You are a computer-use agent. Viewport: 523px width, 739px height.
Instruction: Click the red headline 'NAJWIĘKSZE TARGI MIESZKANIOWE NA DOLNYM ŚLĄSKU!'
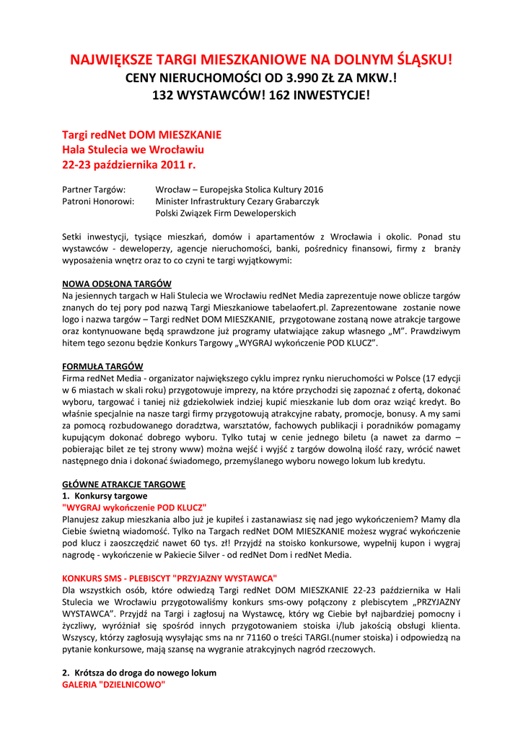(261, 60)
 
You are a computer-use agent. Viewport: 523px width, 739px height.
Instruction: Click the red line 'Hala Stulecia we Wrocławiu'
(133, 150)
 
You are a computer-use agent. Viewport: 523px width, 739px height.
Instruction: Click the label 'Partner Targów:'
(95, 190)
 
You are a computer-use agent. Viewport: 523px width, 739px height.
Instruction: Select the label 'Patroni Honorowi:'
(99, 201)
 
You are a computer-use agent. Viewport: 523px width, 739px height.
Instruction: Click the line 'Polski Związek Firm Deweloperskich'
(226, 213)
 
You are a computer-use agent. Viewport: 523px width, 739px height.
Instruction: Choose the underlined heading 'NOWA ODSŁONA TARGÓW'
(117, 284)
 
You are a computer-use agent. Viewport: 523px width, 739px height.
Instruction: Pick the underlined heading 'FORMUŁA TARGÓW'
(102, 366)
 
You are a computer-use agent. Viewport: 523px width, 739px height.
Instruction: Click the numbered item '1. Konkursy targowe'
(105, 496)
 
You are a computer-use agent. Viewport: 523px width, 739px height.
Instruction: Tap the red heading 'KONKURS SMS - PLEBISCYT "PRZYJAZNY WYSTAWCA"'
(170, 578)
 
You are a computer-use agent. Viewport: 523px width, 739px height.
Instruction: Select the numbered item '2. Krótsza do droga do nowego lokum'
(139, 672)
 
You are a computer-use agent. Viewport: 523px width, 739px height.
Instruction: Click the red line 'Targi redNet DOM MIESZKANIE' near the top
(142, 135)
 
